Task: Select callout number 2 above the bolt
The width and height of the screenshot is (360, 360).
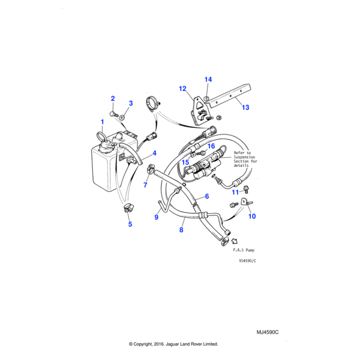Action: [x=112, y=98]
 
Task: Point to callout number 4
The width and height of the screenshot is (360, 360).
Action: [x=154, y=154]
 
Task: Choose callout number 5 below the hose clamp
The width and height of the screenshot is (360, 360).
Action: [x=130, y=224]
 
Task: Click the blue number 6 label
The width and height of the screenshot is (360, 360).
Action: [x=206, y=197]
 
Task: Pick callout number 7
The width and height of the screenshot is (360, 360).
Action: [x=145, y=185]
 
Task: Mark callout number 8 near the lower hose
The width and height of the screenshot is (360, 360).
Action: [x=181, y=230]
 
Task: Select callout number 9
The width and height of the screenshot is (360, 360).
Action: [x=157, y=217]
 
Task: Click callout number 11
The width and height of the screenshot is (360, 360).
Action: [x=236, y=192]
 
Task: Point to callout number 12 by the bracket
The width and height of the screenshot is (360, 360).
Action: [x=182, y=89]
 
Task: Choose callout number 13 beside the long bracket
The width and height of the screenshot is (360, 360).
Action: [x=245, y=108]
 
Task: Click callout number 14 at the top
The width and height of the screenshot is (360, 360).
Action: [x=208, y=80]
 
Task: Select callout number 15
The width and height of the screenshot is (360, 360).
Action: [x=185, y=163]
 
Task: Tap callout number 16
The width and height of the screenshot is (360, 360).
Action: [x=211, y=146]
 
